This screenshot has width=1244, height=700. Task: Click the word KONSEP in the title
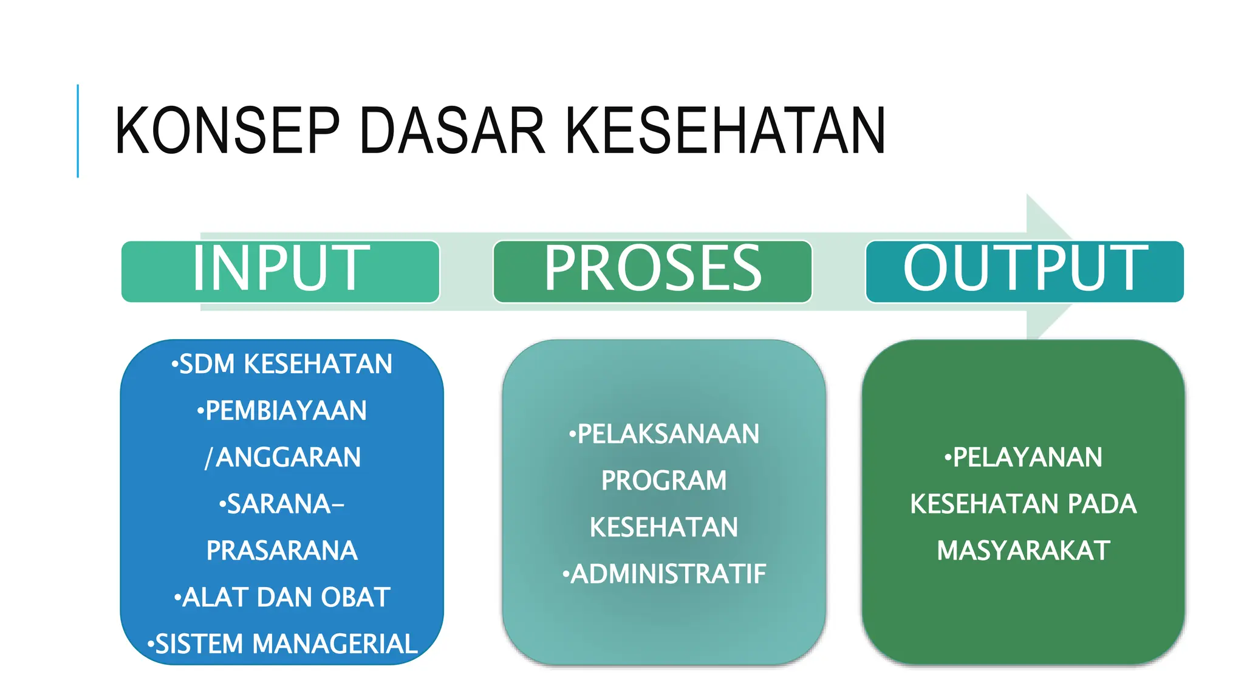[227, 131]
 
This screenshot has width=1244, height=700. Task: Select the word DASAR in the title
[453, 131]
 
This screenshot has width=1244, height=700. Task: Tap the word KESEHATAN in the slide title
[725, 131]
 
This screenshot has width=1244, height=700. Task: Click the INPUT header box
[281, 270]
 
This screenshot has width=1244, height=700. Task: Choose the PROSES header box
[652, 270]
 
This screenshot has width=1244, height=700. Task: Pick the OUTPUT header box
[1025, 270]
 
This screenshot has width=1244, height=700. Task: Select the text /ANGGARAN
[282, 458]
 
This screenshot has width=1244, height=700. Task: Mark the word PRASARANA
[282, 551]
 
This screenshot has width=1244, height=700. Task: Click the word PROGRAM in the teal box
[664, 481]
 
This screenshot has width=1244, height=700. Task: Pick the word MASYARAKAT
[1024, 551]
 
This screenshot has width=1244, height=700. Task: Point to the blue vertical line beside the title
[78, 131]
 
